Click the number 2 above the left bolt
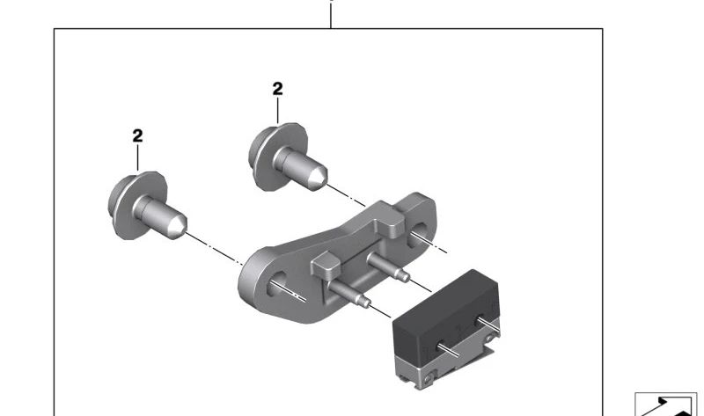(137, 136)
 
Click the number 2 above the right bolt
(277, 89)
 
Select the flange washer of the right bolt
(265, 156)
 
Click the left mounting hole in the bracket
(276, 283)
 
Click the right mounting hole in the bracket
(416, 233)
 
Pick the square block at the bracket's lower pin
(326, 266)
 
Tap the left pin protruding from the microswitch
(449, 350)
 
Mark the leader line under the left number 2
(137, 157)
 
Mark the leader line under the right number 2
(277, 111)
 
